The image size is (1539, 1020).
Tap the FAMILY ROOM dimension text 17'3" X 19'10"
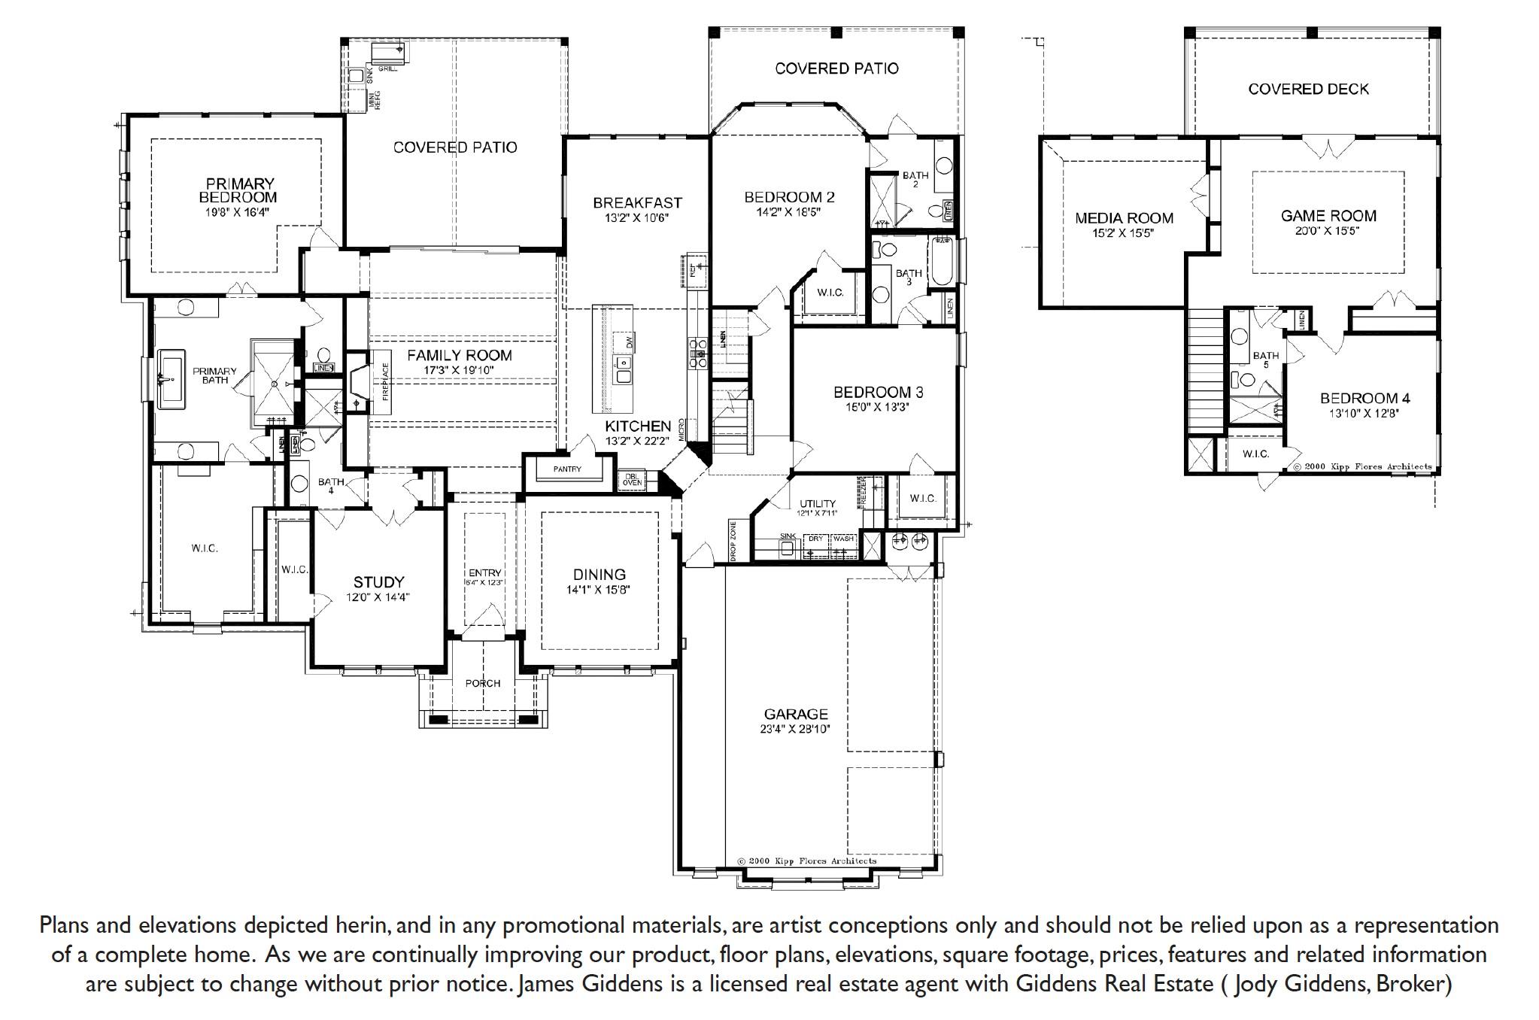(460, 369)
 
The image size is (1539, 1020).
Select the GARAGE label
(795, 714)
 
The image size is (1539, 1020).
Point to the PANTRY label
(567, 469)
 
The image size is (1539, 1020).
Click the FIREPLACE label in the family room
(386, 381)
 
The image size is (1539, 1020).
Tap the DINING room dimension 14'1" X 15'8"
(598, 590)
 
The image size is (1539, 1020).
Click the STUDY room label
(378, 581)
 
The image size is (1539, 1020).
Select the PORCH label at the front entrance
(482, 683)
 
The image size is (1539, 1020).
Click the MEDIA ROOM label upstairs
(1124, 218)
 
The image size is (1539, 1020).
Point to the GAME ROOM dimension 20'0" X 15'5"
(1328, 230)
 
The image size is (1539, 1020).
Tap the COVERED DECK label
(1308, 89)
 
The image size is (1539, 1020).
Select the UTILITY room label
(817, 503)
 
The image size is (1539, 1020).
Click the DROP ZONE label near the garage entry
(733, 540)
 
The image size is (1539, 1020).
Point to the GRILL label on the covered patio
(388, 68)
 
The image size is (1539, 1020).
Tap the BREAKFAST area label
(636, 202)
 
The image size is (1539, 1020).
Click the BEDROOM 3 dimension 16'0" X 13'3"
(877, 407)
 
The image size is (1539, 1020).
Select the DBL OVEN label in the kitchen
(631, 479)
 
